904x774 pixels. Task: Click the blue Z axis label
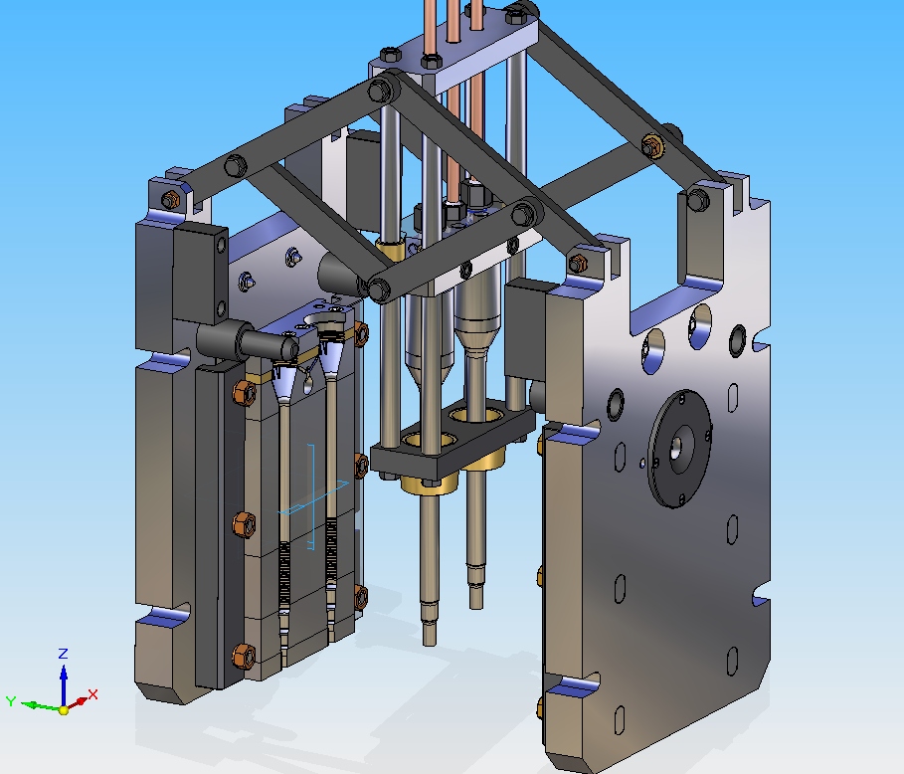(64, 653)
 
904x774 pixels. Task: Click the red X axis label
(92, 693)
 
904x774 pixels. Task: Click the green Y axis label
(10, 700)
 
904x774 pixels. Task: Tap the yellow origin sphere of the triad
(64, 710)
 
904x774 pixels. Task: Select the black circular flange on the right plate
(680, 449)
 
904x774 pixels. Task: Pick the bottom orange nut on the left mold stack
(244, 656)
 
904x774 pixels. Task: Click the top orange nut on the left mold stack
(245, 393)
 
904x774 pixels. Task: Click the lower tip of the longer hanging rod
(429, 642)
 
